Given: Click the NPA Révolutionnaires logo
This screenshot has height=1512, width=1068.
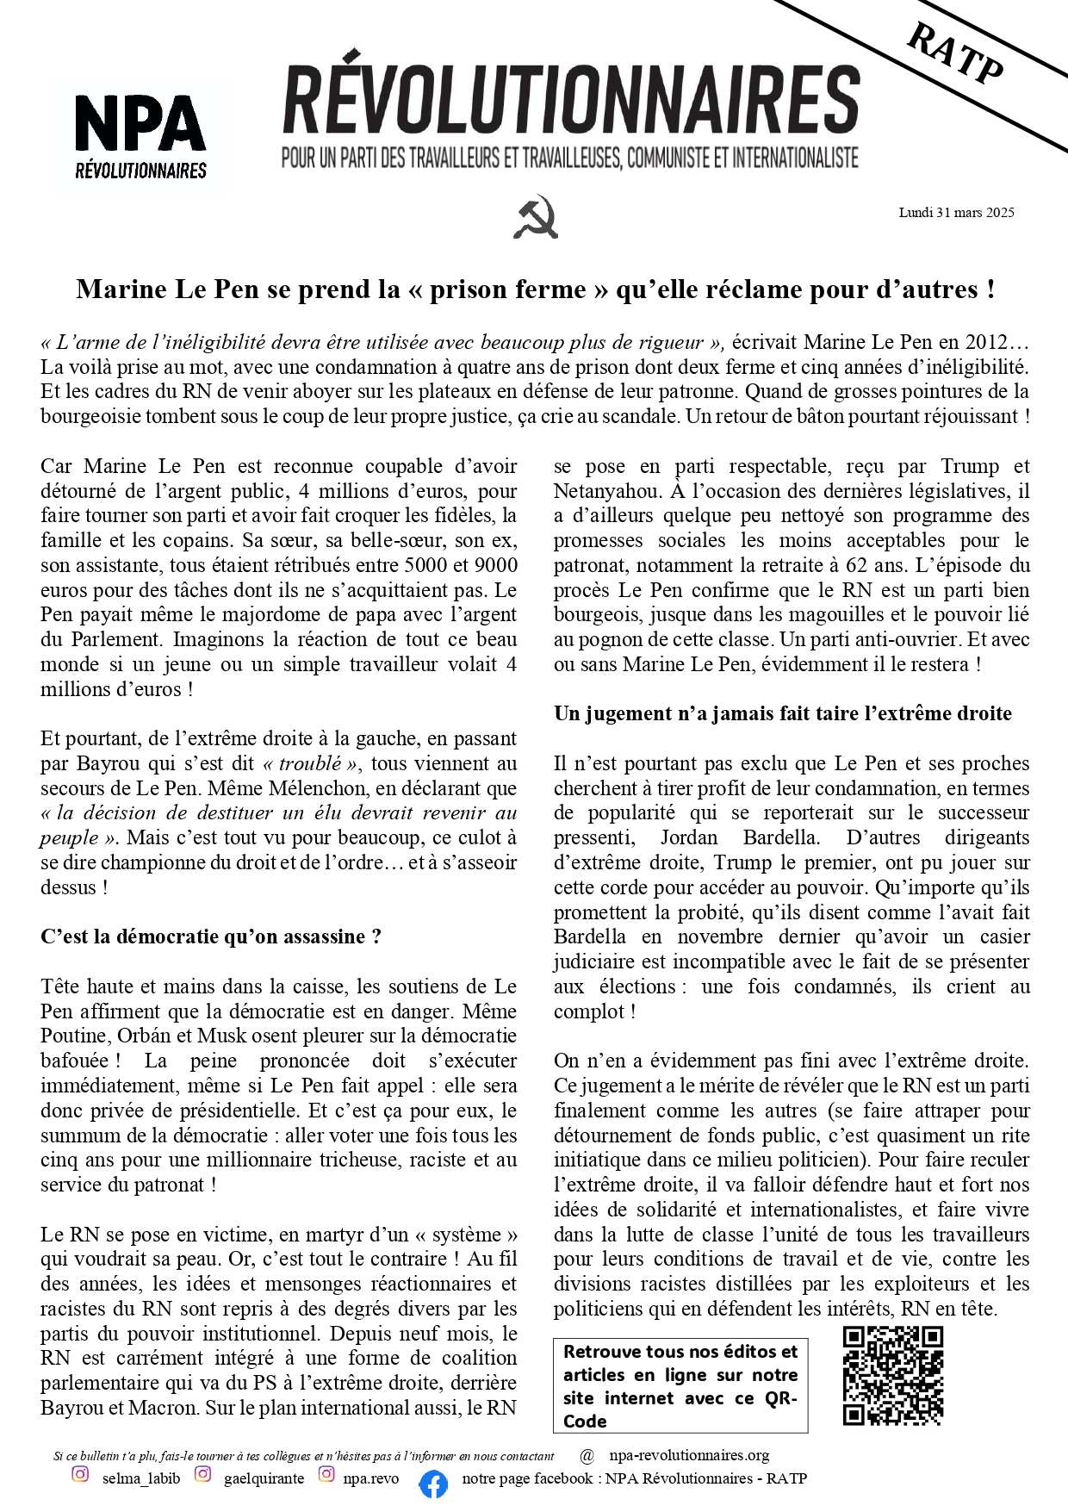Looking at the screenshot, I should pos(140,134).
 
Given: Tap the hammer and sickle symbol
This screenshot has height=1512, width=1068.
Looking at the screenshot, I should pos(535,216).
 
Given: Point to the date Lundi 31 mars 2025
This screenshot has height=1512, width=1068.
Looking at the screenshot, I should pos(956,213).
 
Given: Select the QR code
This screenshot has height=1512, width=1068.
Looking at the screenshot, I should pos(893,1376).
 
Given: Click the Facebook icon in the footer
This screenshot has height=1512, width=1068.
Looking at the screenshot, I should pos(433,1484).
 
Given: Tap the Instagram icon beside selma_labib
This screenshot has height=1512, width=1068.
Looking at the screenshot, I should pos(80,1474).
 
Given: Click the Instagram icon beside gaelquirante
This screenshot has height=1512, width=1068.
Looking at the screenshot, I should pos(202,1474).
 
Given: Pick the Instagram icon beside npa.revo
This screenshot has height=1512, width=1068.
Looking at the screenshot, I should pos(326,1474).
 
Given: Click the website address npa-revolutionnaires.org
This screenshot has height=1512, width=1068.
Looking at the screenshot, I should pos(689,1455).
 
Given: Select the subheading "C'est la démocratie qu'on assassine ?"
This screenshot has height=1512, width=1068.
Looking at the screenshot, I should pos(211,936).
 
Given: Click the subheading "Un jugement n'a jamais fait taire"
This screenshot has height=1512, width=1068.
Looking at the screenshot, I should pos(782,713).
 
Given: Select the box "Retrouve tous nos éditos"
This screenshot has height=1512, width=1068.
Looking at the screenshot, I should pos(680,1385).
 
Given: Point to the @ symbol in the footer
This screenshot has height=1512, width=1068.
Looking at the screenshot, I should pos(587,1456).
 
